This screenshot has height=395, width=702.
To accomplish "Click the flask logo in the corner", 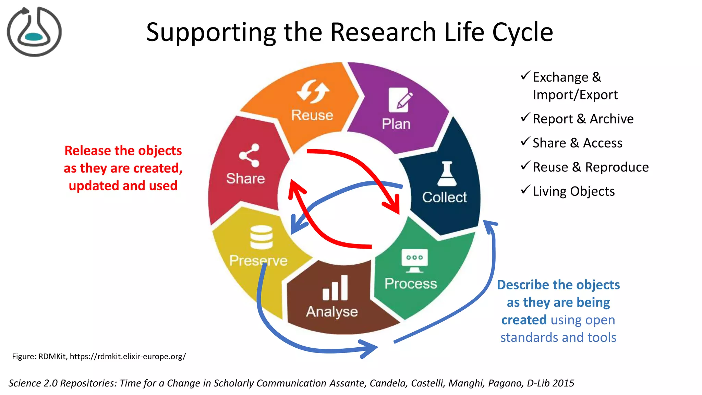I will pos(34,32).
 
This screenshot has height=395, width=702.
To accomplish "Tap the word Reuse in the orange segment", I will pos(312,115).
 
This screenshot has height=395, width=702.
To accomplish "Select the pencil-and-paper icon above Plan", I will pos(400,100).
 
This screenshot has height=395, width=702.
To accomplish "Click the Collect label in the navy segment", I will pos(444,197).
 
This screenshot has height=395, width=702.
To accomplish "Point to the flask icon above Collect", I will pos(447,174).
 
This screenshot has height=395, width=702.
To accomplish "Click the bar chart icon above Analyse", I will pos(335,288).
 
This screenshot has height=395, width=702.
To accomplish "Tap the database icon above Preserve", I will pos(261,237).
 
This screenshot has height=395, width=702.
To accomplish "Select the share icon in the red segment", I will pos(249,155).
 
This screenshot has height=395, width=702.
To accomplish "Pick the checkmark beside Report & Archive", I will pos(525,118).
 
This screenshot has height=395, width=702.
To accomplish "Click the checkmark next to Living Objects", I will pos(525,190).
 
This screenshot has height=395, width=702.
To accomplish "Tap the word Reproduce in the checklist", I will pos(617,167).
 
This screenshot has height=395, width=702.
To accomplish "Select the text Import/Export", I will pos(575,95).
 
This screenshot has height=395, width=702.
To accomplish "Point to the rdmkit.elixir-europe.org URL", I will pos(128,356).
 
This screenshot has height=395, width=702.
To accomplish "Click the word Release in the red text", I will pos(87,151).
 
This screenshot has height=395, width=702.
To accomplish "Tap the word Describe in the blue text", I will pos(523,285).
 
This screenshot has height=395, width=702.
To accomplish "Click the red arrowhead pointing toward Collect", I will pos(394,206).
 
